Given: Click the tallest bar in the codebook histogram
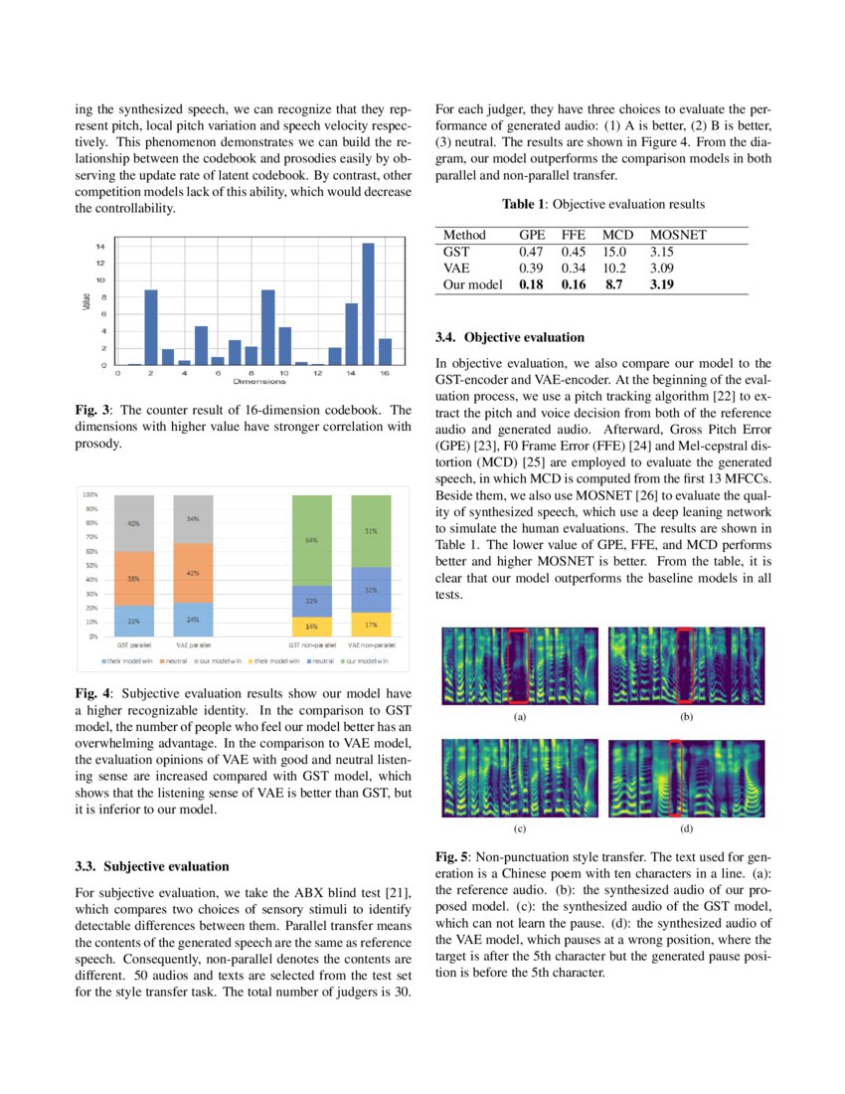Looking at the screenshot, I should pos(368,303).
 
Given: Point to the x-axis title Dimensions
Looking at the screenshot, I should pos(259,381).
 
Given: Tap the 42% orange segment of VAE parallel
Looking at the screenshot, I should pos(193,573).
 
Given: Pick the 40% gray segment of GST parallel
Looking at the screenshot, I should pos(133,523).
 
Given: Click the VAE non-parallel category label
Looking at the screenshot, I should pos(369,645).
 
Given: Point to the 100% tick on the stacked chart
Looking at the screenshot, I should pos(89,494).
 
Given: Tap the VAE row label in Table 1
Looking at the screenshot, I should pos(457,269).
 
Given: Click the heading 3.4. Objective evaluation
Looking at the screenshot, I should pos(510,337).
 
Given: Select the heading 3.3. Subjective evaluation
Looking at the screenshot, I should pos(152,866).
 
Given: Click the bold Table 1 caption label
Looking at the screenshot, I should pos(524,204).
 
